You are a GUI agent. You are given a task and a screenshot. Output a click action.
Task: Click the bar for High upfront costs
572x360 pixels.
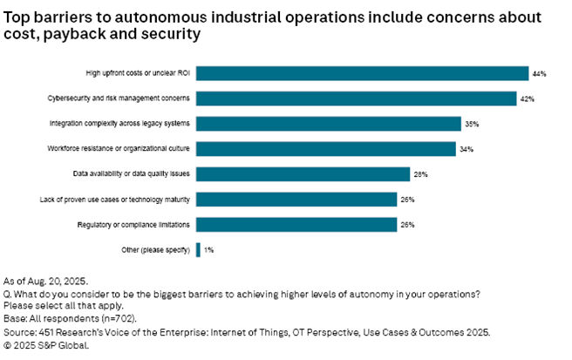(362, 73)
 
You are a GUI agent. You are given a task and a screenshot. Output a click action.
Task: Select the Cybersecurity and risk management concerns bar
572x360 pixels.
(356, 98)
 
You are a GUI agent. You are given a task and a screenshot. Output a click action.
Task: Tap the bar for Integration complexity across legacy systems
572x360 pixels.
(329, 124)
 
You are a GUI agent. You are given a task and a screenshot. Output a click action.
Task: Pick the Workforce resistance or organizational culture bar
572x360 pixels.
(326, 149)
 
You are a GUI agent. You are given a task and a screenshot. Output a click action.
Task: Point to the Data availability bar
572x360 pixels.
(303, 174)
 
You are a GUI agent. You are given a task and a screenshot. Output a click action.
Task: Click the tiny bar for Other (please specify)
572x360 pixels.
(198, 250)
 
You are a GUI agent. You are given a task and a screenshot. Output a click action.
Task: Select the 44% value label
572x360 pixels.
(540, 74)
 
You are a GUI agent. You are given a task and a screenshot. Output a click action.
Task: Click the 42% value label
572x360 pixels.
(527, 99)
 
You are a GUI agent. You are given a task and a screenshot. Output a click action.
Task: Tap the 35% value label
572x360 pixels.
(472, 125)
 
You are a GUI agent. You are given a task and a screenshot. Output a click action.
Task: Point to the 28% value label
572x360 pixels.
(420, 175)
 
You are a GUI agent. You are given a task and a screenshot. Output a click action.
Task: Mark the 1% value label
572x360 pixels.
(209, 251)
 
